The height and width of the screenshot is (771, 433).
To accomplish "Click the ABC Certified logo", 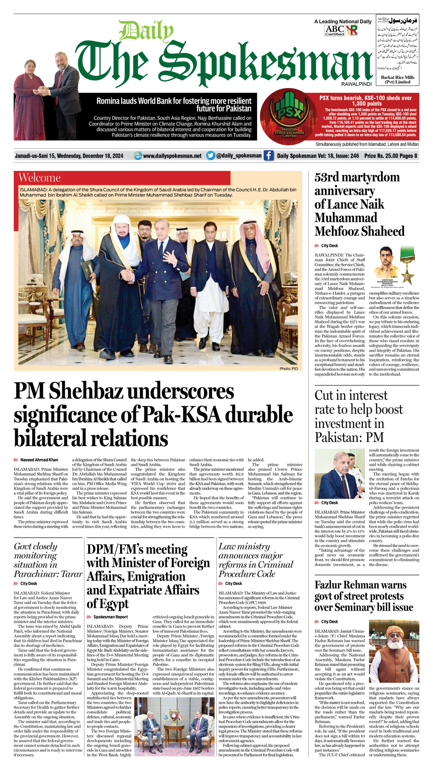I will click(x=334, y=30).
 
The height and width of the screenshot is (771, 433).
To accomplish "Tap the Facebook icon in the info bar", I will click(x=269, y=156).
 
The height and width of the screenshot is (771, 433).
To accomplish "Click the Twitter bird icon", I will click(x=210, y=156).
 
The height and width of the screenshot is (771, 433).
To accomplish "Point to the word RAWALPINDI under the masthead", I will click(x=357, y=84).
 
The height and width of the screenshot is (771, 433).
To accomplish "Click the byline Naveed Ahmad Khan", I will click(x=39, y=460).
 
